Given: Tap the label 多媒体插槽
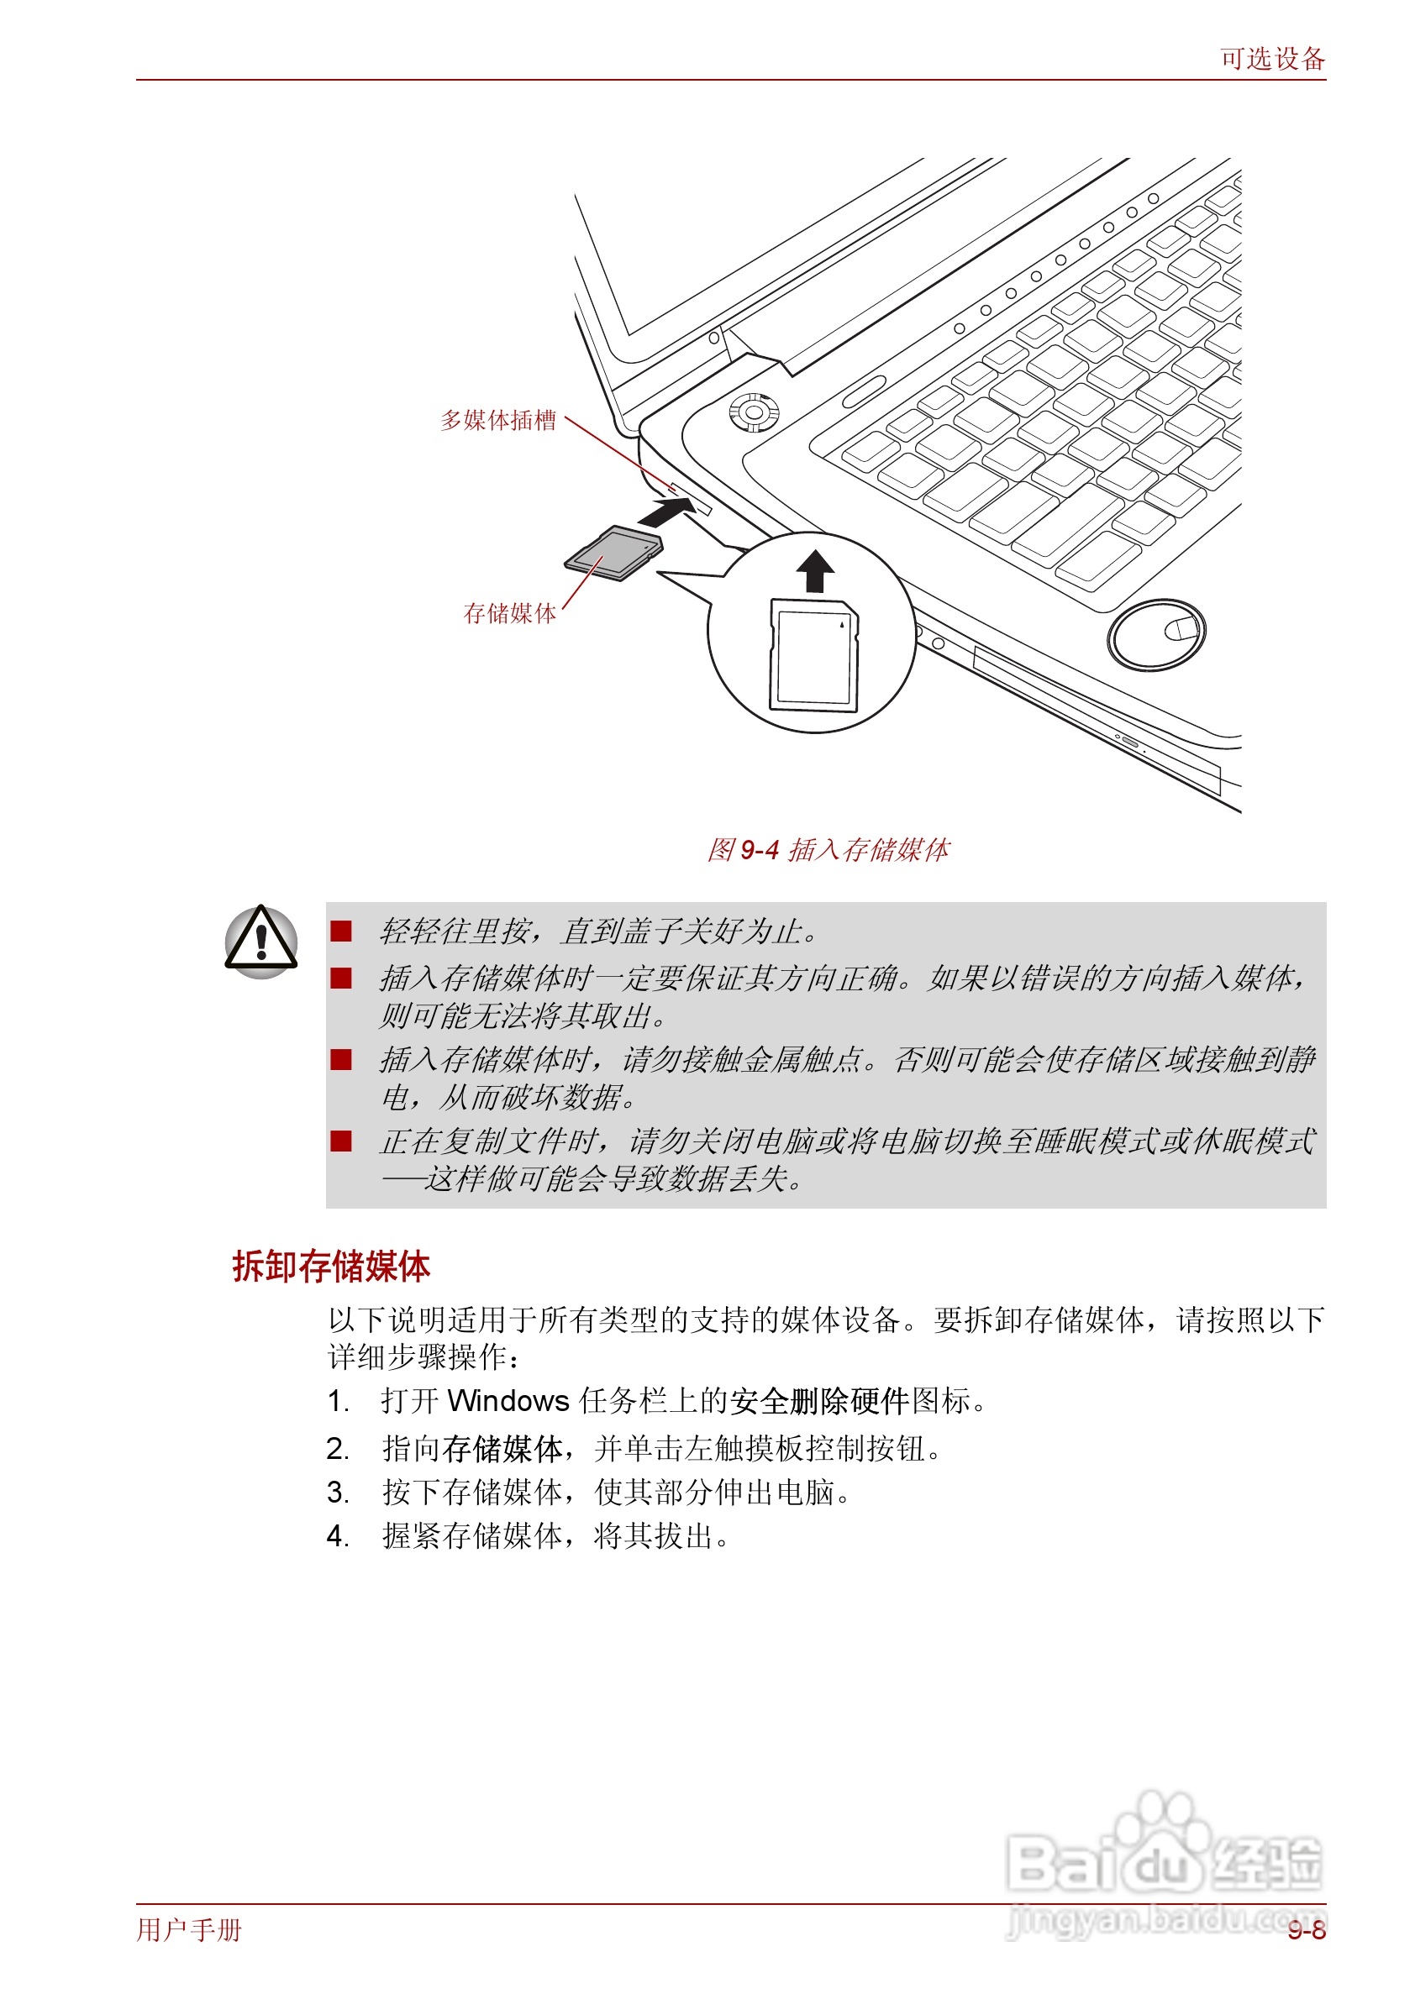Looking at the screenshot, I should [x=497, y=420].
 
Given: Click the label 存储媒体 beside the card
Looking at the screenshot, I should [x=510, y=613].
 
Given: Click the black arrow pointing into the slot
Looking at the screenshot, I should [x=666, y=512].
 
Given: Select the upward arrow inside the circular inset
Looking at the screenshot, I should [x=815, y=571].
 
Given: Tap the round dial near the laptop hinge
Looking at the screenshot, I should [x=754, y=412].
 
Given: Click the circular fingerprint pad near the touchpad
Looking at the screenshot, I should [x=1156, y=634].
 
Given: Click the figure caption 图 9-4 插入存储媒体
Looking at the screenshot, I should [x=828, y=849].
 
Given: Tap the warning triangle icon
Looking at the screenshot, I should [x=261, y=941].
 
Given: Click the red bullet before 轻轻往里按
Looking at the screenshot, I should [x=340, y=931].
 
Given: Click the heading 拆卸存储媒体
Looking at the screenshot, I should [x=331, y=1267].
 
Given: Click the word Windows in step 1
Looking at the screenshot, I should [x=508, y=1402].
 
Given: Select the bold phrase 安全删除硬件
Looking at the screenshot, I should [x=819, y=1402].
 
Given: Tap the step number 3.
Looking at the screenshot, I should [x=338, y=1493].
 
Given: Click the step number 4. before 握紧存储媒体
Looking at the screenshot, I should [x=338, y=1536].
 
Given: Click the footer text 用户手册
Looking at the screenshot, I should [x=189, y=1930].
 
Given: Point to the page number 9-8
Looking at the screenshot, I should [x=1306, y=1931].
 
